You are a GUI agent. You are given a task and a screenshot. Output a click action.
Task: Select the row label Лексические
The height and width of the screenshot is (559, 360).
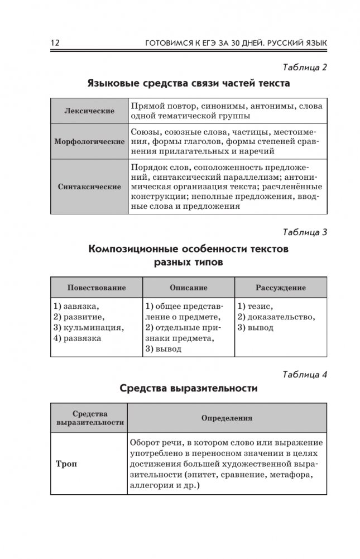pos(89,111)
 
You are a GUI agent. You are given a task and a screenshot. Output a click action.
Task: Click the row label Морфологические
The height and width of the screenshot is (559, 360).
pos(89,142)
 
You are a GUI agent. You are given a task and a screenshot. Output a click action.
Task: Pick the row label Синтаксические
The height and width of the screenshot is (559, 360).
pos(89,187)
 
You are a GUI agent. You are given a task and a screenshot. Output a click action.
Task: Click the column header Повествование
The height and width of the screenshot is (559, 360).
pos(97,288)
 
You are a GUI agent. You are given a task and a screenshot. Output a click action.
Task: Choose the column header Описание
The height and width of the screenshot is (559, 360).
pos(188,288)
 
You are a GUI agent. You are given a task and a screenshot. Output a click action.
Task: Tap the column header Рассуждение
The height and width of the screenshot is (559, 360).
pos(280,288)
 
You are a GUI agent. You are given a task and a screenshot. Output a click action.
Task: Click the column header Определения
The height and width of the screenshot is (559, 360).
pos(227,417)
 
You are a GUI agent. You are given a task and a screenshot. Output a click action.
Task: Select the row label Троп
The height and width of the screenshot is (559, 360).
pos(66,464)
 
